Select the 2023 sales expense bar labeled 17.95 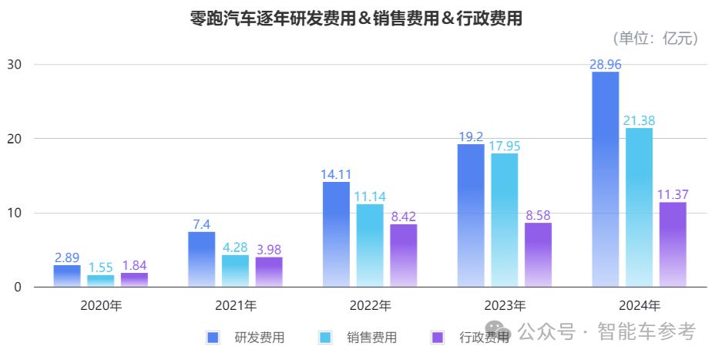click(x=504, y=220)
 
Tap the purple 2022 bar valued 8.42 click(x=403, y=255)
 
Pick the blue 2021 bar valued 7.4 click(x=201, y=259)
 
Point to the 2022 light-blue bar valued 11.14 click(x=369, y=245)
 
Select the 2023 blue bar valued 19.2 click(x=470, y=215)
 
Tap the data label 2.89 click(x=67, y=257)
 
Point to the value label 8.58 click(x=538, y=215)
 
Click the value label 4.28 click(x=235, y=247)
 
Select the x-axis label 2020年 click(x=101, y=305)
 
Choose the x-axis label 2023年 click(x=504, y=305)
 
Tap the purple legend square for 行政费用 click(x=437, y=337)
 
